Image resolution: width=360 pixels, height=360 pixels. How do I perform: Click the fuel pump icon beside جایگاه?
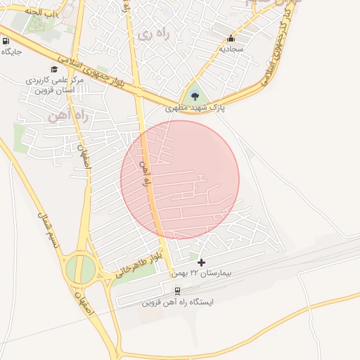pyautogui.click(x=6, y=40)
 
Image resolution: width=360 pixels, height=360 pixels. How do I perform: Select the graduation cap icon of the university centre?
pyautogui.click(x=44, y=68)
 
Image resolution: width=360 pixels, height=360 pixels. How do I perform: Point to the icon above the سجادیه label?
pyautogui.click(x=231, y=39)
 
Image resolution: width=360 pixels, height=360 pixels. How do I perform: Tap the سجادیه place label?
pyautogui.click(x=231, y=49)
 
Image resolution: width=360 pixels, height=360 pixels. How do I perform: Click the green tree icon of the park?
pyautogui.click(x=195, y=96)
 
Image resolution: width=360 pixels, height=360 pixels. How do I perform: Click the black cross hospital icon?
pyautogui.click(x=202, y=262)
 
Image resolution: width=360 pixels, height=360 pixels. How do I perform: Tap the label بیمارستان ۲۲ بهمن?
pyautogui.click(x=202, y=273)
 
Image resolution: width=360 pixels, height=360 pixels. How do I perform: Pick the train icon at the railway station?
pyautogui.click(x=177, y=291)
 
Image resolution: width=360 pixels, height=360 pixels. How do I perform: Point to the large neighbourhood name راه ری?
pyautogui.click(x=153, y=34)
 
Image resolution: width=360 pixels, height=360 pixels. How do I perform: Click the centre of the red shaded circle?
pyautogui.click(x=180, y=179)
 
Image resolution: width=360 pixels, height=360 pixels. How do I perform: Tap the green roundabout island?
pyautogui.click(x=81, y=269)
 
